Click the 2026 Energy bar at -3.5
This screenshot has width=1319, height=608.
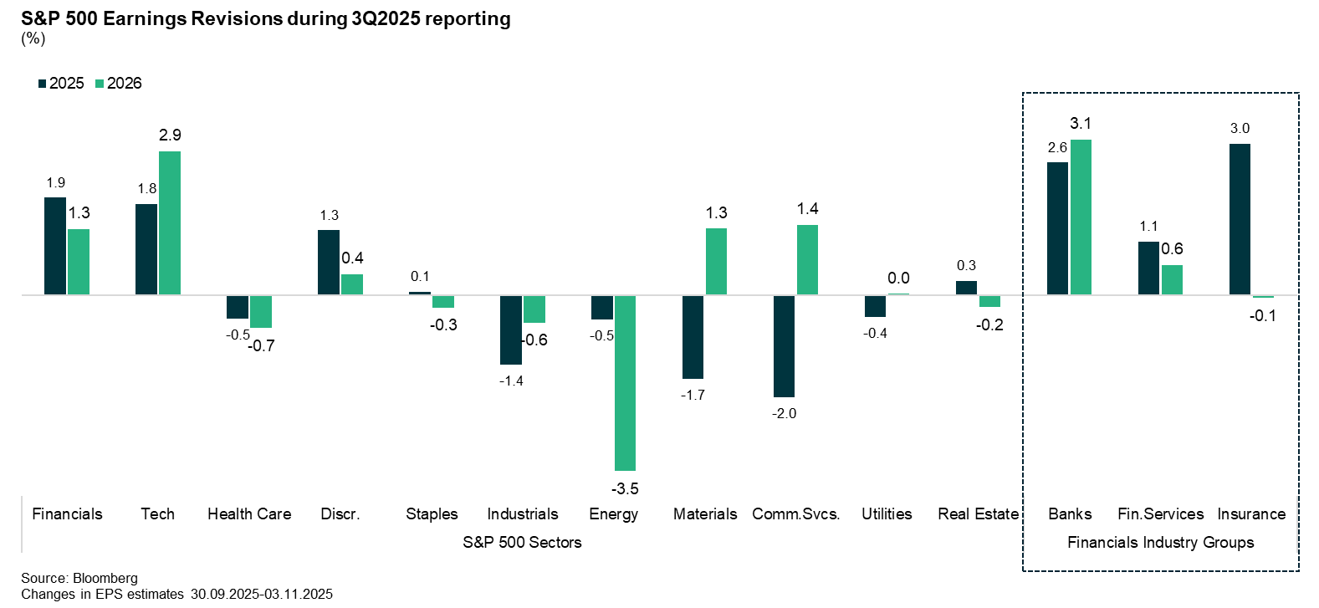click(x=625, y=383)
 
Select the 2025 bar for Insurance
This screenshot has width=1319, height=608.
click(x=1240, y=219)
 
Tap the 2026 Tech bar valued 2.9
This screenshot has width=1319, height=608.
click(x=170, y=223)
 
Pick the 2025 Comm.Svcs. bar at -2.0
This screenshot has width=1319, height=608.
click(x=784, y=346)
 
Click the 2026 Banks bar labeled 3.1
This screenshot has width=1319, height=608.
click(x=1081, y=217)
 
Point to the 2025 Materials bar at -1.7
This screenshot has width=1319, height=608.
click(x=693, y=337)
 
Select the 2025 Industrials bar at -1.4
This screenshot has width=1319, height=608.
click(x=511, y=330)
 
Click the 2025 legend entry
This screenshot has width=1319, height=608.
click(x=61, y=84)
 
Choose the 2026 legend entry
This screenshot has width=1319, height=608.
click(x=119, y=84)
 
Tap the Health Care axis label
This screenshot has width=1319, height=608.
click(x=249, y=514)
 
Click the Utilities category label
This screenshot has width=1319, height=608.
click(x=887, y=514)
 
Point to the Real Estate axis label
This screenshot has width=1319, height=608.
click(x=978, y=514)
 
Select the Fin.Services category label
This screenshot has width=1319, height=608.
click(x=1160, y=514)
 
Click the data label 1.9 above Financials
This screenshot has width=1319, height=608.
click(x=56, y=183)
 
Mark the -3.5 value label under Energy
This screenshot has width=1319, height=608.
click(x=625, y=489)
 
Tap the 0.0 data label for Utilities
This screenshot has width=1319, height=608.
click(x=898, y=278)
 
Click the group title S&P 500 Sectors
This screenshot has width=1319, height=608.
click(x=522, y=543)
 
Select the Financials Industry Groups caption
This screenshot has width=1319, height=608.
click(x=1160, y=543)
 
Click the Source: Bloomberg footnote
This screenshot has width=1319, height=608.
click(x=79, y=579)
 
